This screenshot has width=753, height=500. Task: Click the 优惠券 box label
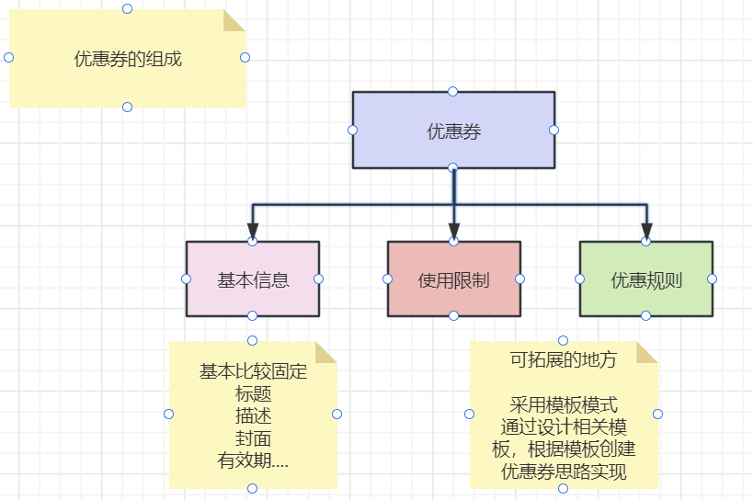tap(454, 131)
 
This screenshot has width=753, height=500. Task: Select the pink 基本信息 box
tap(253, 278)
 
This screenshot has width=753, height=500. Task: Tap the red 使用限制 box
tap(454, 278)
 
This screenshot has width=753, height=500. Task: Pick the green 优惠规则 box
tap(646, 278)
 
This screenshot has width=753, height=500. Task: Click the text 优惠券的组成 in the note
tap(128, 59)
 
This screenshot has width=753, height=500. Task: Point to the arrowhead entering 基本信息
tap(253, 231)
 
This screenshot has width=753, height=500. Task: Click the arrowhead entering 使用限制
tap(454, 231)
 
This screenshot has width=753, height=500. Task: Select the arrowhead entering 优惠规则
tap(646, 231)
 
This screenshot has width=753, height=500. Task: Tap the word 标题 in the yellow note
tap(253, 394)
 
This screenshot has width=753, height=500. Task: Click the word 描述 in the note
tap(253, 416)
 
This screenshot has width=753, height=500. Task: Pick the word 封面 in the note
tap(253, 438)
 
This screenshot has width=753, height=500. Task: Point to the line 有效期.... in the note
tap(253, 460)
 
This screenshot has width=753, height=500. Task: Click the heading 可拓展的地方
tap(564, 359)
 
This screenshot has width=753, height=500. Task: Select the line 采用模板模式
tap(564, 405)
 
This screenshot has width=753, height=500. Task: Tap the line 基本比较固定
tap(253, 371)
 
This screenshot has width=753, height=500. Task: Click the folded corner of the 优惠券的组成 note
tap(234, 20)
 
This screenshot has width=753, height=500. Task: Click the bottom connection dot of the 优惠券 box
tap(453, 167)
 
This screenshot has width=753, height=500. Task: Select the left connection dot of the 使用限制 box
tap(388, 278)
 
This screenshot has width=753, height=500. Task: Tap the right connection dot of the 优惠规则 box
tap(713, 278)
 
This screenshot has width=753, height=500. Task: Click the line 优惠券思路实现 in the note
tap(564, 472)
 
